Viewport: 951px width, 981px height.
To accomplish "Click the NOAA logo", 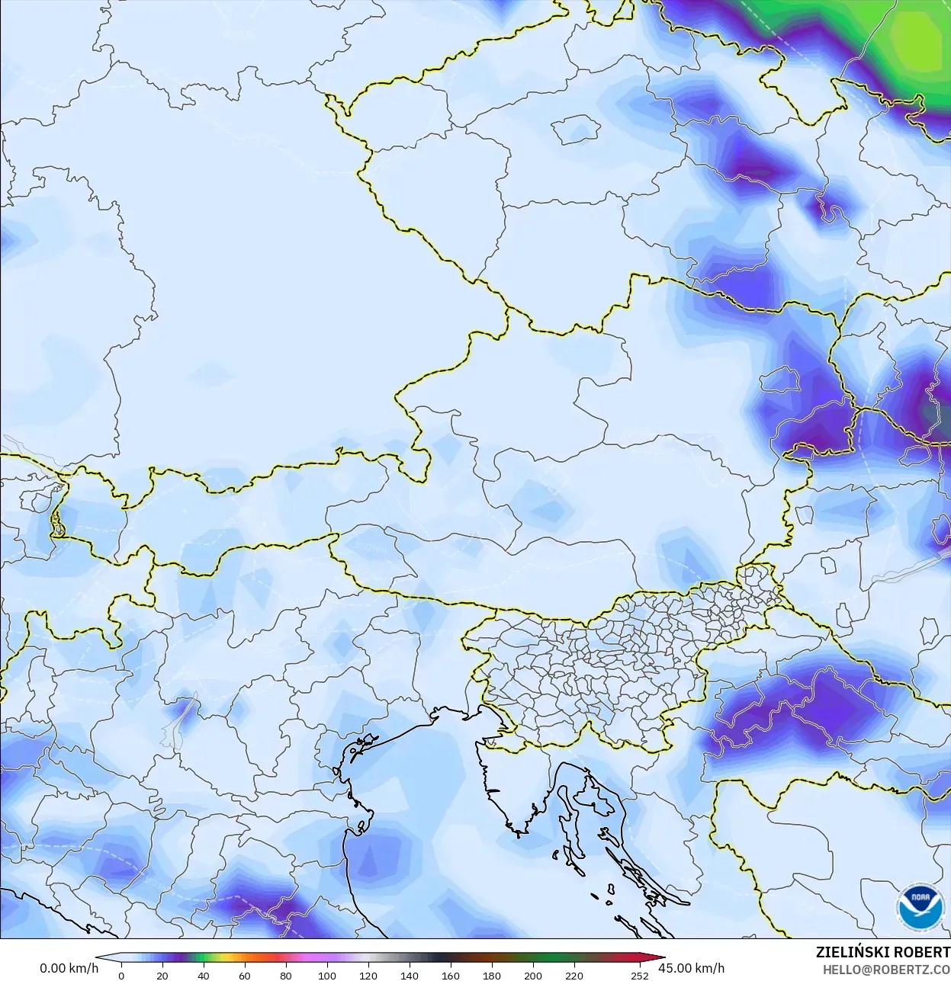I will click(921, 907).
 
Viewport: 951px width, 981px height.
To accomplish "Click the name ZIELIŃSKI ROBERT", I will click(882, 953).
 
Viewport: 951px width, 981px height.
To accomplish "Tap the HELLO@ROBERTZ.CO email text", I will click(886, 970).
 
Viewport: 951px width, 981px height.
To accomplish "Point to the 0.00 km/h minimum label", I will click(69, 968).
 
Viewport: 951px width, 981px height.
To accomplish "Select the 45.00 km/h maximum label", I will click(691, 968).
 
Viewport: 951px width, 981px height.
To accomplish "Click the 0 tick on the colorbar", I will click(121, 976).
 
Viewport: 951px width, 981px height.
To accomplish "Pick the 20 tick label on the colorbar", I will click(162, 976).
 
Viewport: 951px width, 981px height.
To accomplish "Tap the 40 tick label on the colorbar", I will click(203, 976).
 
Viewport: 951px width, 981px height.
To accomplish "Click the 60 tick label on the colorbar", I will click(244, 976).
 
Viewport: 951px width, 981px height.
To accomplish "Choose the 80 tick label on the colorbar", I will click(285, 976).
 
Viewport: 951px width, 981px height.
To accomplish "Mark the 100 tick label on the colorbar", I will click(326, 976).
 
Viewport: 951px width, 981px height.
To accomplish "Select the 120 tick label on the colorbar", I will click(368, 976).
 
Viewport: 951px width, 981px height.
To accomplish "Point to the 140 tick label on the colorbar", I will click(409, 976).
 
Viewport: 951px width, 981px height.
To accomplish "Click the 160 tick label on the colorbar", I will click(450, 976).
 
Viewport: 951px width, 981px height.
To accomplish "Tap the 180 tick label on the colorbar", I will click(491, 976).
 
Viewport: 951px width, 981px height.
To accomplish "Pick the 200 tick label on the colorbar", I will click(532, 976).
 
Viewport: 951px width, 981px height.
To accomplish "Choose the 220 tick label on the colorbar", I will click(573, 976).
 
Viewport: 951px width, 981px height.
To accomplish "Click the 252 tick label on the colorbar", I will click(640, 976).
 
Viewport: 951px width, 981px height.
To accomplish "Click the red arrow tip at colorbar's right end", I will click(660, 960).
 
